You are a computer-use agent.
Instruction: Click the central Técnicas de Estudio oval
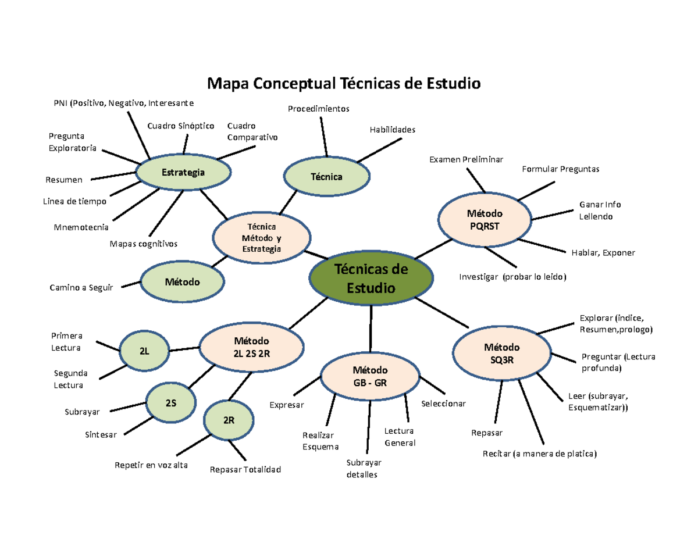(371, 279)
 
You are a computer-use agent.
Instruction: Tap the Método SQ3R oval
(501, 353)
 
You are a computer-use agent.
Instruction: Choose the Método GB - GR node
(371, 376)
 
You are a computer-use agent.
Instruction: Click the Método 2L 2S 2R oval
(252, 346)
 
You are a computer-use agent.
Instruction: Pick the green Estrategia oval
(183, 173)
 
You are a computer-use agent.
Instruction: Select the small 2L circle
(144, 352)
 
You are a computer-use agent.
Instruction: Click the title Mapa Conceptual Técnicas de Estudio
(344, 84)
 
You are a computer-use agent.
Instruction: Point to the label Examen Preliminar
(466, 159)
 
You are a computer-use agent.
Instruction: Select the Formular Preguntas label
(560, 169)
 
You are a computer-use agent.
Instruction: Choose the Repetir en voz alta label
(151, 465)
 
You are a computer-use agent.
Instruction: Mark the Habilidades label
(393, 130)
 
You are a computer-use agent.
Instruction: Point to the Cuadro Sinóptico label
(181, 126)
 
